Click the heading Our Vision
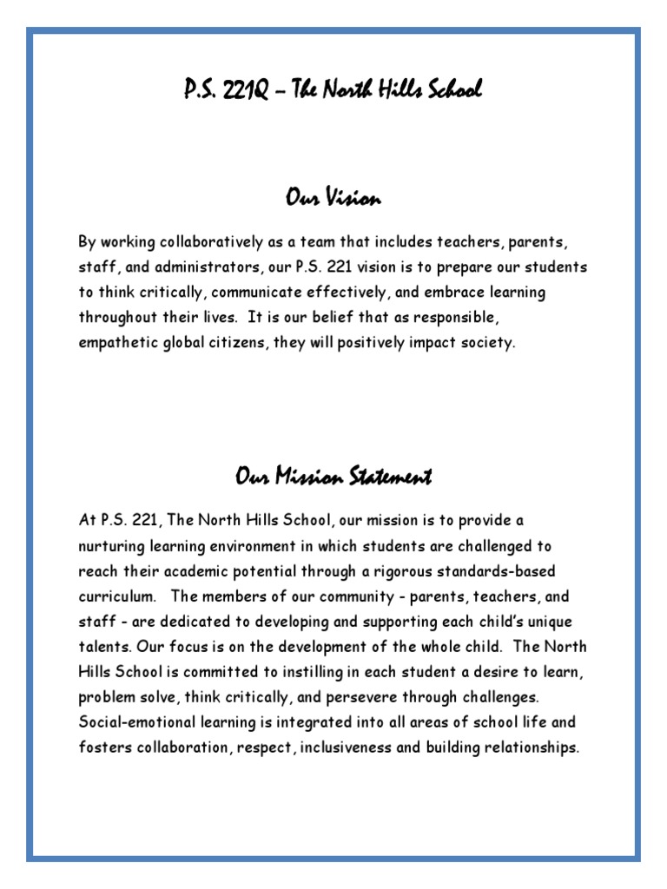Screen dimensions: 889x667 point(333,199)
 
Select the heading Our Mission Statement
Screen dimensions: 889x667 point(333,476)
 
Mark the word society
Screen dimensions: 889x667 point(488,342)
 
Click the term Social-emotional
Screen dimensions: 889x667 point(137,723)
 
